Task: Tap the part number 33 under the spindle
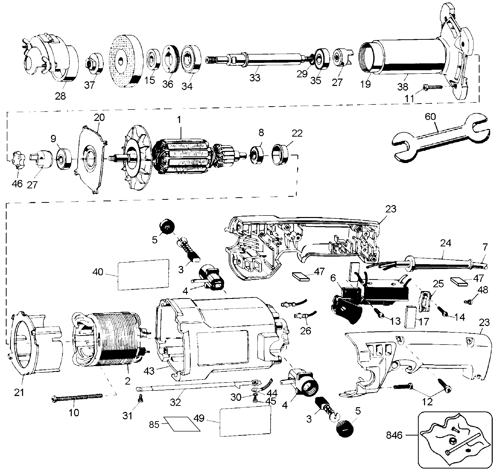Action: click(255, 77)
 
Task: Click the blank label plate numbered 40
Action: click(143, 274)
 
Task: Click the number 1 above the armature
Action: click(180, 120)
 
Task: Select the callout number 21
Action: click(19, 392)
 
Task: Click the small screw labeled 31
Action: click(140, 406)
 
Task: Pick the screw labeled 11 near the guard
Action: click(433, 87)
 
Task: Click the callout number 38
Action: click(403, 86)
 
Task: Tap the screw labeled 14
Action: click(443, 310)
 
